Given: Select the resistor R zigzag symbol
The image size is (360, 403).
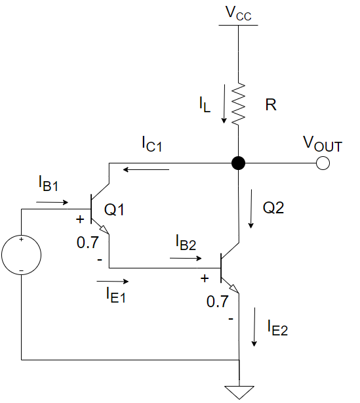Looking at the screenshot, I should click(x=239, y=104).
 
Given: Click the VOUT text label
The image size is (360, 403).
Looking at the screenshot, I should click(x=321, y=144).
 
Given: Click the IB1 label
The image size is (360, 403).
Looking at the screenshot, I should click(x=49, y=184).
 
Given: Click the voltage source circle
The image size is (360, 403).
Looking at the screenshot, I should click(x=22, y=255).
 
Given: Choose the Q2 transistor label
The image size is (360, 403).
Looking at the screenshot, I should click(x=273, y=208).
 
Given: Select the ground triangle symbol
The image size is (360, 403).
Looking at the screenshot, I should click(x=239, y=391).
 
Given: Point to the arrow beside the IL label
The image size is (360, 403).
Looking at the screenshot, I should click(x=225, y=104).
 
